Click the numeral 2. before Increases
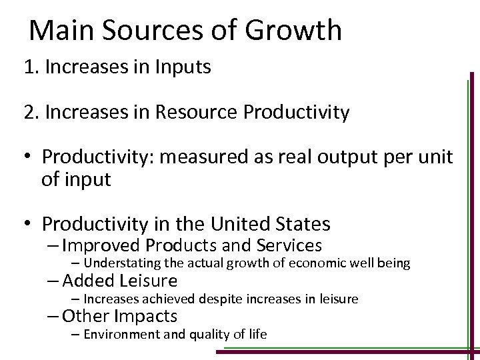tap(31, 113)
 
